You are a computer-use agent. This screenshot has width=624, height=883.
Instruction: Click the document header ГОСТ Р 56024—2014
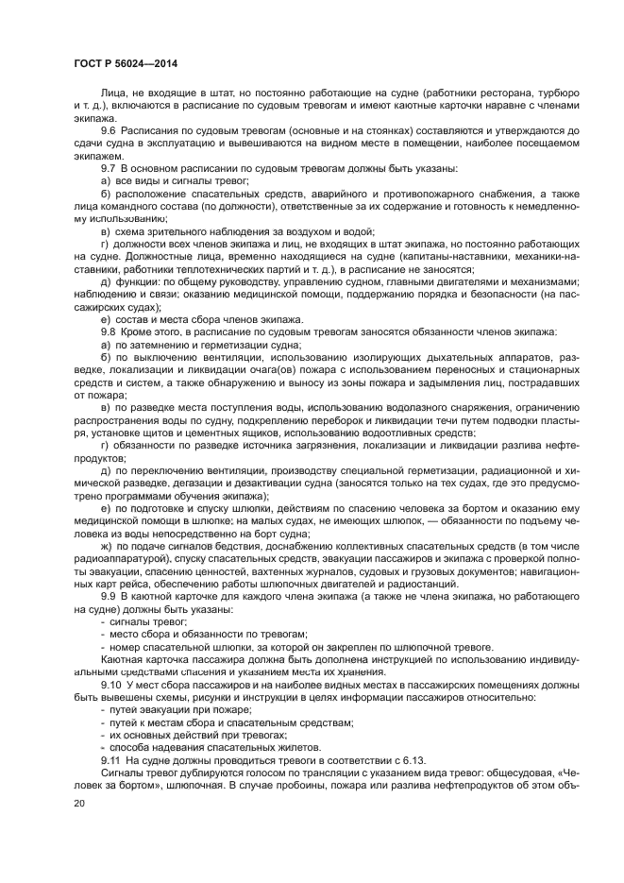click(126, 62)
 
